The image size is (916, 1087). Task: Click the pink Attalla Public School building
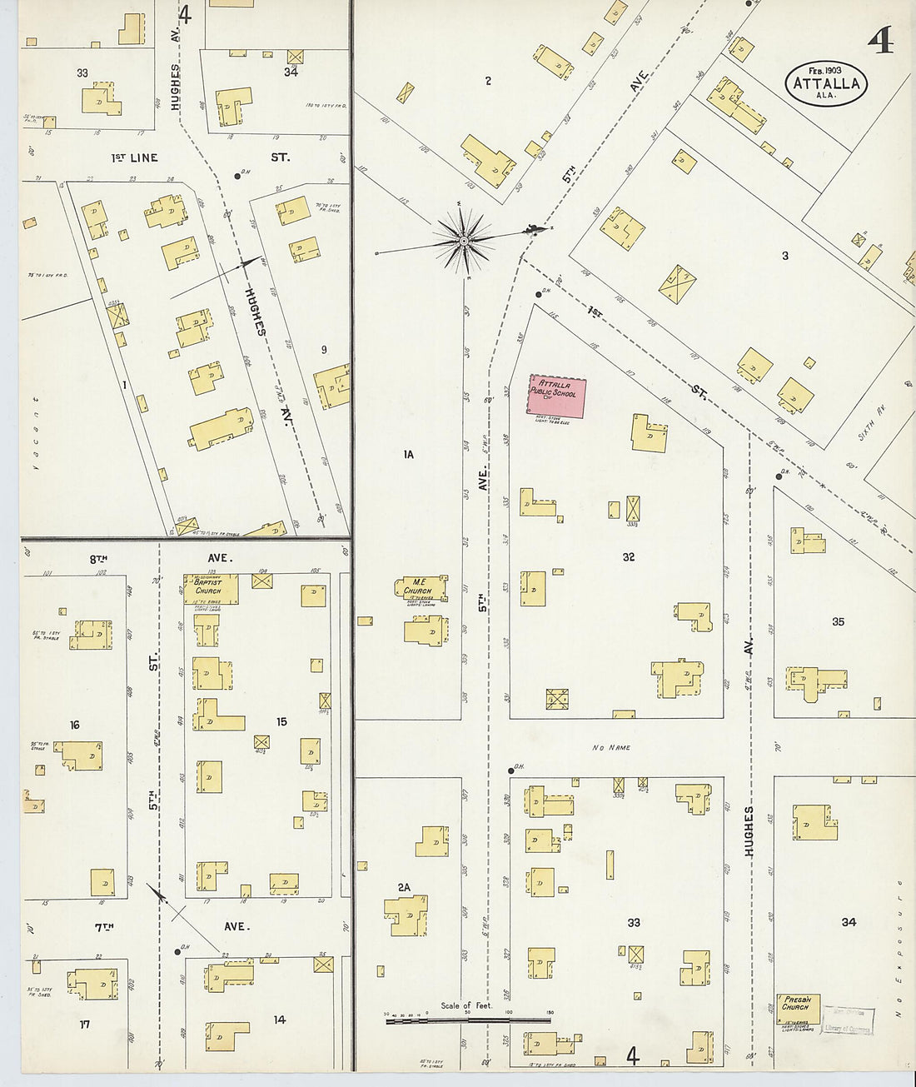pyautogui.click(x=557, y=396)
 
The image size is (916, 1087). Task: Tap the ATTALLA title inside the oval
pyautogui.click(x=826, y=83)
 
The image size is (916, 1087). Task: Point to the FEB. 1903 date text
pyautogui.click(x=825, y=70)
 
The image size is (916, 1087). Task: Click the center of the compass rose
pyautogui.click(x=464, y=241)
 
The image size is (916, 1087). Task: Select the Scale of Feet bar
pyautogui.click(x=467, y=1018)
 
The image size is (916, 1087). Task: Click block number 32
pyautogui.click(x=629, y=556)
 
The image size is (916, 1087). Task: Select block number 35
pyautogui.click(x=838, y=621)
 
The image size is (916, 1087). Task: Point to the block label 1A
pyautogui.click(x=408, y=455)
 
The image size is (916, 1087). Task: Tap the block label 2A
pyautogui.click(x=404, y=887)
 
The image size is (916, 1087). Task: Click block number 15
pyautogui.click(x=281, y=721)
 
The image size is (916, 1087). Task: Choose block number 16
pyautogui.click(x=74, y=725)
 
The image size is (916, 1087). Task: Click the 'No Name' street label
pyautogui.click(x=611, y=748)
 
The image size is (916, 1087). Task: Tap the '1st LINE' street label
pyautogui.click(x=134, y=157)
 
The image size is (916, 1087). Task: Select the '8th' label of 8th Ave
pyautogui.click(x=99, y=559)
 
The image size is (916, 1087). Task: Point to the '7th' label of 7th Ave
pyautogui.click(x=103, y=926)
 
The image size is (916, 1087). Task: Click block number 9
pyautogui.click(x=324, y=350)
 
